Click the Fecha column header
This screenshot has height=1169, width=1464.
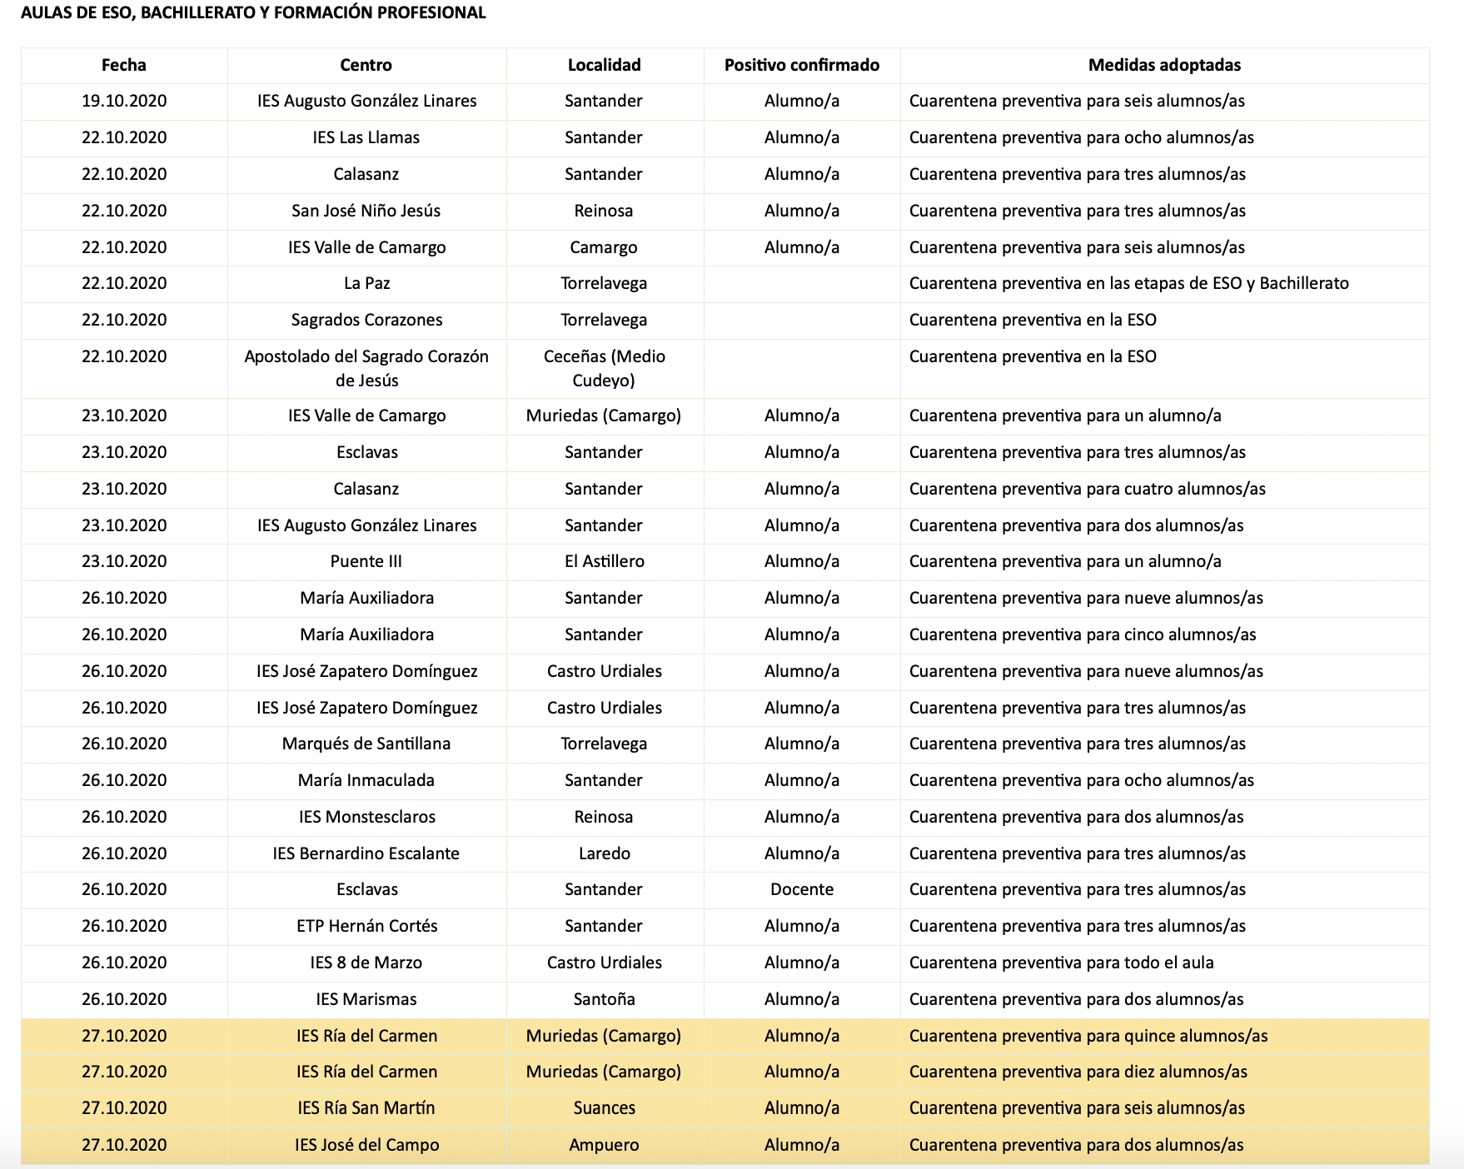pos(123,65)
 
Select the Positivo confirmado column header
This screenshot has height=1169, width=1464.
pos(801,65)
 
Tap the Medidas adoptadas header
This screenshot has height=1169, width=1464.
pos(1164,65)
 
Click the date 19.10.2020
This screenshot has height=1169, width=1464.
pos(124,101)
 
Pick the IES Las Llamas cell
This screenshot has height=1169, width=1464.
pos(366,137)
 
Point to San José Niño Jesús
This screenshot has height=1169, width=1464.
pos(366,211)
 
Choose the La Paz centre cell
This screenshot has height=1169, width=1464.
pos(366,283)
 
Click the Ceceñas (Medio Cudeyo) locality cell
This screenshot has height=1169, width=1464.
pos(604,368)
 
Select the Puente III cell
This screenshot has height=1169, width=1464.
pos(366,561)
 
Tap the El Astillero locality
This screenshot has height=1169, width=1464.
pos(604,561)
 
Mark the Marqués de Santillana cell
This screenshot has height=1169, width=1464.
pos(366,744)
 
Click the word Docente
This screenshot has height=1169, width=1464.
pos(801,889)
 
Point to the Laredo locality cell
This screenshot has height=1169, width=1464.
pos(604,853)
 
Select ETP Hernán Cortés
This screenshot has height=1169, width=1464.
pos(366,926)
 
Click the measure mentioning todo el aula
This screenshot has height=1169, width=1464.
pos(1061,963)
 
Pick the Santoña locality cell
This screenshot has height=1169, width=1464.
pos(604,999)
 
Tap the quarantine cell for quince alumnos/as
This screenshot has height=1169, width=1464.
pos(1088,1036)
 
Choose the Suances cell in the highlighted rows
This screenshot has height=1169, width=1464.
pos(604,1108)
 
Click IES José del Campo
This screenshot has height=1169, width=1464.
pos(366,1145)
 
